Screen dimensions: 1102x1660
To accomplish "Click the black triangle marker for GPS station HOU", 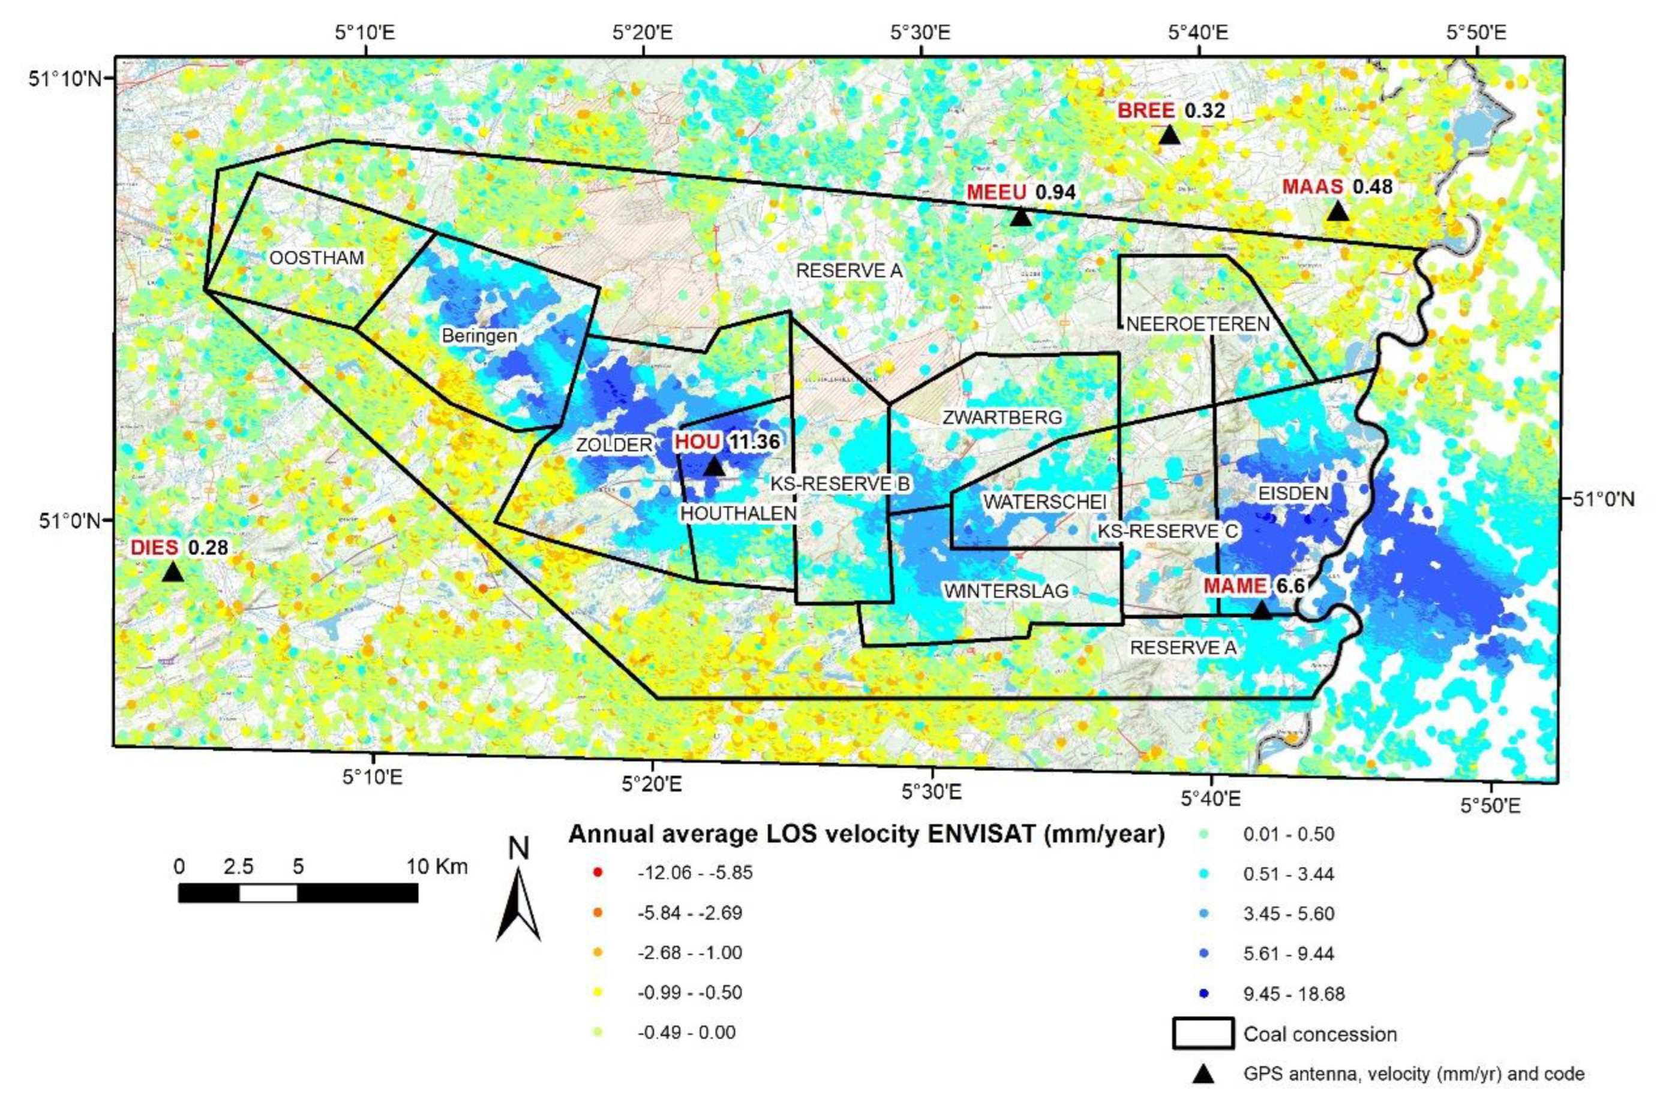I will (714, 466).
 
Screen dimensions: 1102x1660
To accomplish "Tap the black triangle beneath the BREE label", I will (1169, 135).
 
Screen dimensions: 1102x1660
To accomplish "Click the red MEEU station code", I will (997, 192).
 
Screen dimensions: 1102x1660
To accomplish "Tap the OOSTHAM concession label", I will (317, 258).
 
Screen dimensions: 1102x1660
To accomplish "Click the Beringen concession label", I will (479, 336).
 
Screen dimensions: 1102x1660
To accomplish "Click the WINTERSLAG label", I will (1005, 591).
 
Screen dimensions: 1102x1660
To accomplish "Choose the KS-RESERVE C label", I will (1167, 531).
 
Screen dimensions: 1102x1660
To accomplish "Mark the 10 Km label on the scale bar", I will (437, 866).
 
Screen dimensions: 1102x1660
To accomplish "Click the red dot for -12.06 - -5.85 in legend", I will (597, 874).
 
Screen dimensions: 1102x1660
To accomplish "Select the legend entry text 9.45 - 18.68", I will (1293, 993).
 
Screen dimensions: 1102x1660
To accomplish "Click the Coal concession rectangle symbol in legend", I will (1202, 1034).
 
